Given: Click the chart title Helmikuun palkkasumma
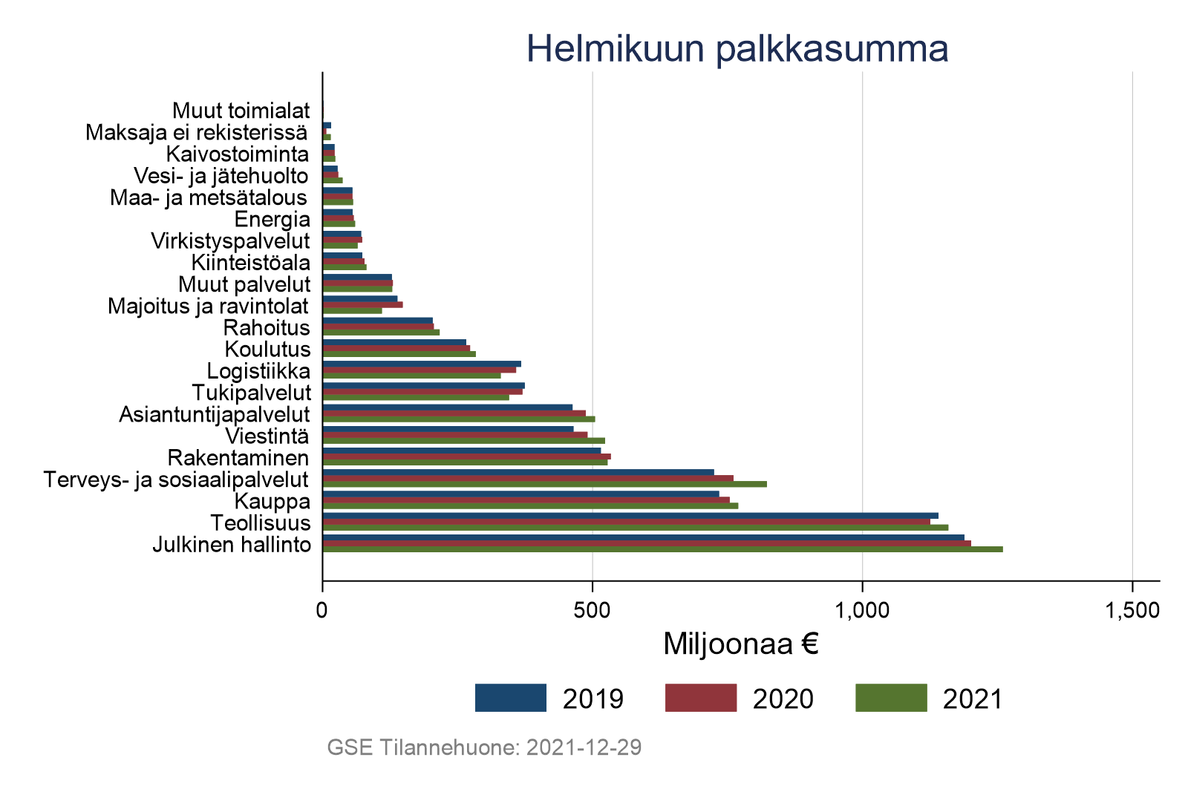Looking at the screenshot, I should pyautogui.click(x=737, y=49).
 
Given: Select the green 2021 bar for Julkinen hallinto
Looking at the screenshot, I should pyautogui.click(x=662, y=550).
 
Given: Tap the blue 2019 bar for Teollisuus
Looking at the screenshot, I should pyautogui.click(x=630, y=515).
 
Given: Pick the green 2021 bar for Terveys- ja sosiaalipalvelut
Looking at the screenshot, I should pyautogui.click(x=544, y=484).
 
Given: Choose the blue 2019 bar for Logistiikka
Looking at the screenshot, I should pyautogui.click(x=422, y=364).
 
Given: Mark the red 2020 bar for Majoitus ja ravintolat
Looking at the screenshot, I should pyautogui.click(x=362, y=304).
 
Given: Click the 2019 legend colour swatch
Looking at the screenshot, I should pyautogui.click(x=511, y=698).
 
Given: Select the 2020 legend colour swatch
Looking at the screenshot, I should pyautogui.click(x=701, y=698).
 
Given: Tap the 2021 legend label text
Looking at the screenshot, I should pyautogui.click(x=973, y=699).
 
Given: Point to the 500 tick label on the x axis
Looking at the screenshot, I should pyautogui.click(x=592, y=611).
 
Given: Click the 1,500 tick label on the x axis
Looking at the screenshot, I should pyautogui.click(x=1132, y=611).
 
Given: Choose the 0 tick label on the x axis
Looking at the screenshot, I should pyautogui.click(x=322, y=611).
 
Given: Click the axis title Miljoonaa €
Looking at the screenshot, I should pyautogui.click(x=740, y=644).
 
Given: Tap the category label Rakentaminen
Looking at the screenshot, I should pyautogui.click(x=238, y=457).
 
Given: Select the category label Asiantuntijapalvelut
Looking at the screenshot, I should pyautogui.click(x=215, y=414).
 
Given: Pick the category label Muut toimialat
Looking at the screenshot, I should pyautogui.click(x=241, y=111).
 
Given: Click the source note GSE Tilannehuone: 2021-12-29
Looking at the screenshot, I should pyautogui.click(x=484, y=747).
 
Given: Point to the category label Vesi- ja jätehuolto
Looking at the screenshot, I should pyautogui.click(x=221, y=176).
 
